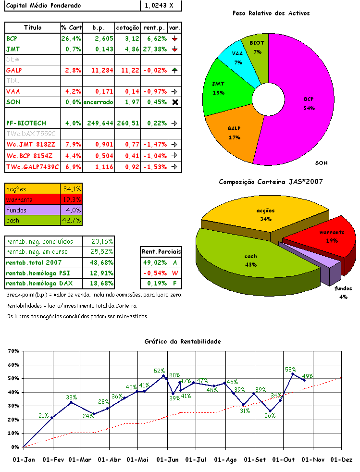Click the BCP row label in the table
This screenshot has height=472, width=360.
[12, 38]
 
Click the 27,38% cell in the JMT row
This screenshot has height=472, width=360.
[154, 49]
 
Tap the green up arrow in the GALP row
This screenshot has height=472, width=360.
[174, 70]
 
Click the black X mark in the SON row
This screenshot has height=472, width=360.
[175, 102]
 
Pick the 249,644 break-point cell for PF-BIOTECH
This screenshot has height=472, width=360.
[98, 124]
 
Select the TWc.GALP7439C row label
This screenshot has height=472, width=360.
[32, 166]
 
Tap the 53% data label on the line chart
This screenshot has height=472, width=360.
[290, 370]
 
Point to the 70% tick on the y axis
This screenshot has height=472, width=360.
[12, 351]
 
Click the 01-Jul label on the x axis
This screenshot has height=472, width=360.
[196, 460]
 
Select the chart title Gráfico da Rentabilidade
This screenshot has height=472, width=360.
[183, 341]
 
